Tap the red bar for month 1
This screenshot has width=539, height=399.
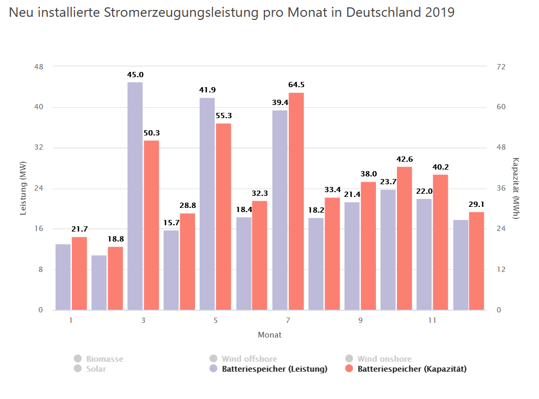click(x=79, y=273)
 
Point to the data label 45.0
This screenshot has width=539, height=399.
click(x=135, y=75)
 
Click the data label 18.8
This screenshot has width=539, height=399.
click(x=115, y=239)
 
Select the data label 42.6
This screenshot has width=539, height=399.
click(x=404, y=159)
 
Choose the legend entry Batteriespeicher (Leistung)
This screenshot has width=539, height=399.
click(x=274, y=369)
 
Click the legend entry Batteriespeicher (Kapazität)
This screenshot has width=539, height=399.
click(x=412, y=369)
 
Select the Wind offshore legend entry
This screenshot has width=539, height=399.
click(x=249, y=359)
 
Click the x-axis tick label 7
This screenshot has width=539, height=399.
click(x=288, y=320)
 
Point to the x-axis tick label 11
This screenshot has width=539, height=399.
click(x=432, y=320)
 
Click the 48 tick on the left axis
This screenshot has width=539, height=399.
click(x=39, y=67)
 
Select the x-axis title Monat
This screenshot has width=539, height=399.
click(x=269, y=334)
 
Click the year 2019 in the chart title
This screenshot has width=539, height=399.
click(x=438, y=13)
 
